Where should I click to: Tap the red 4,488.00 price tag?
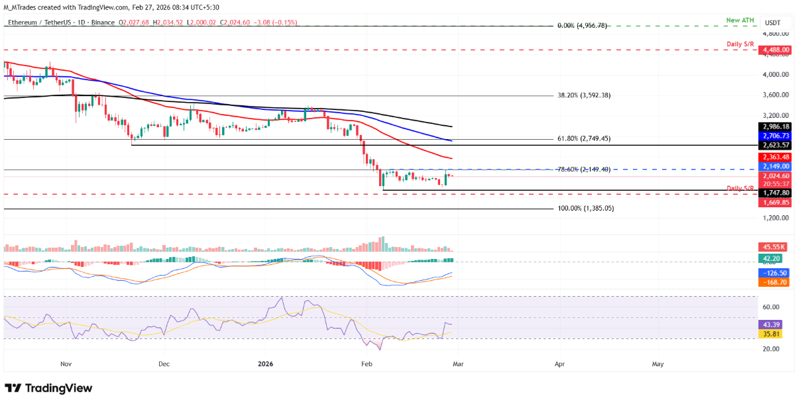click(x=776, y=50)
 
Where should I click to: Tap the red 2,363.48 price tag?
click(x=776, y=156)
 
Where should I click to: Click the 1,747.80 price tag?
click(x=776, y=193)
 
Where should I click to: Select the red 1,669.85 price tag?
click(x=776, y=202)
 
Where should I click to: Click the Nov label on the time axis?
click(x=65, y=364)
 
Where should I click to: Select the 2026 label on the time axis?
click(x=265, y=364)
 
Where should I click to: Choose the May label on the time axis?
click(x=657, y=364)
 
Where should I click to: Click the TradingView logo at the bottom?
click(x=49, y=388)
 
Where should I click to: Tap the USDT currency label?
click(x=773, y=23)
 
